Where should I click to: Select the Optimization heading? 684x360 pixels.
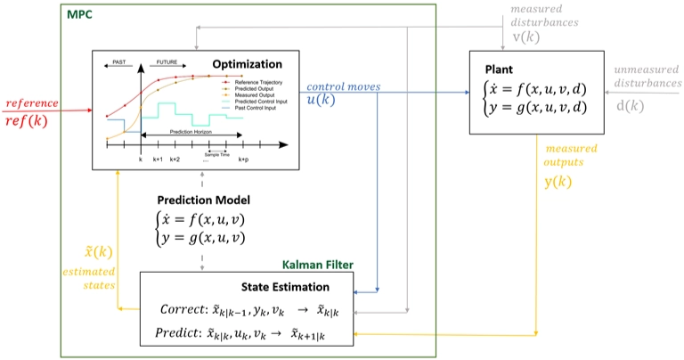pyautogui.click(x=247, y=64)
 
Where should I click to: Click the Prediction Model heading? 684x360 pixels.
pyautogui.click(x=203, y=200)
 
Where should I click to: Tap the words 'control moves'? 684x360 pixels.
pyautogui.click(x=343, y=86)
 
